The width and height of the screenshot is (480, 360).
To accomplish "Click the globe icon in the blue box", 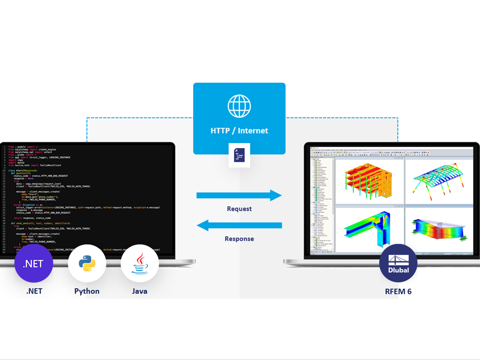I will point(239,106).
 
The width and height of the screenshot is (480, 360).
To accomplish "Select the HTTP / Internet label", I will point(239,130).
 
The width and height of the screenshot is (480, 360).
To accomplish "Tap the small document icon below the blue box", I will point(239,155).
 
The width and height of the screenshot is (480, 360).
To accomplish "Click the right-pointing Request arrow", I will point(239,195).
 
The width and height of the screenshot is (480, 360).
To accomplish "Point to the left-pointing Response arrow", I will point(239,225).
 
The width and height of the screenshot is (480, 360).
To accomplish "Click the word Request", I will point(239,209).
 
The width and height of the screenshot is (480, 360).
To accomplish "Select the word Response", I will point(239,239).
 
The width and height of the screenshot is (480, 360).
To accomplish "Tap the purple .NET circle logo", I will point(34,263).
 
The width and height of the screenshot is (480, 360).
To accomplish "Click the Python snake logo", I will point(87,263).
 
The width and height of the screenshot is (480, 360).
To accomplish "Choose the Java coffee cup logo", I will point(140,263).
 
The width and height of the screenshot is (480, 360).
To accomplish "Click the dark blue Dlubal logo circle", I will point(398,263).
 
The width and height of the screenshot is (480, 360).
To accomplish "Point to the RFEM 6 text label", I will point(398,291).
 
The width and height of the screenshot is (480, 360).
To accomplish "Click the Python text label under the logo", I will point(87,291).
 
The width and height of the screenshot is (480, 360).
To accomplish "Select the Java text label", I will point(140,291).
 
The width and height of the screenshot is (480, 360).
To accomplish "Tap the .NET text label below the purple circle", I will point(34,291).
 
